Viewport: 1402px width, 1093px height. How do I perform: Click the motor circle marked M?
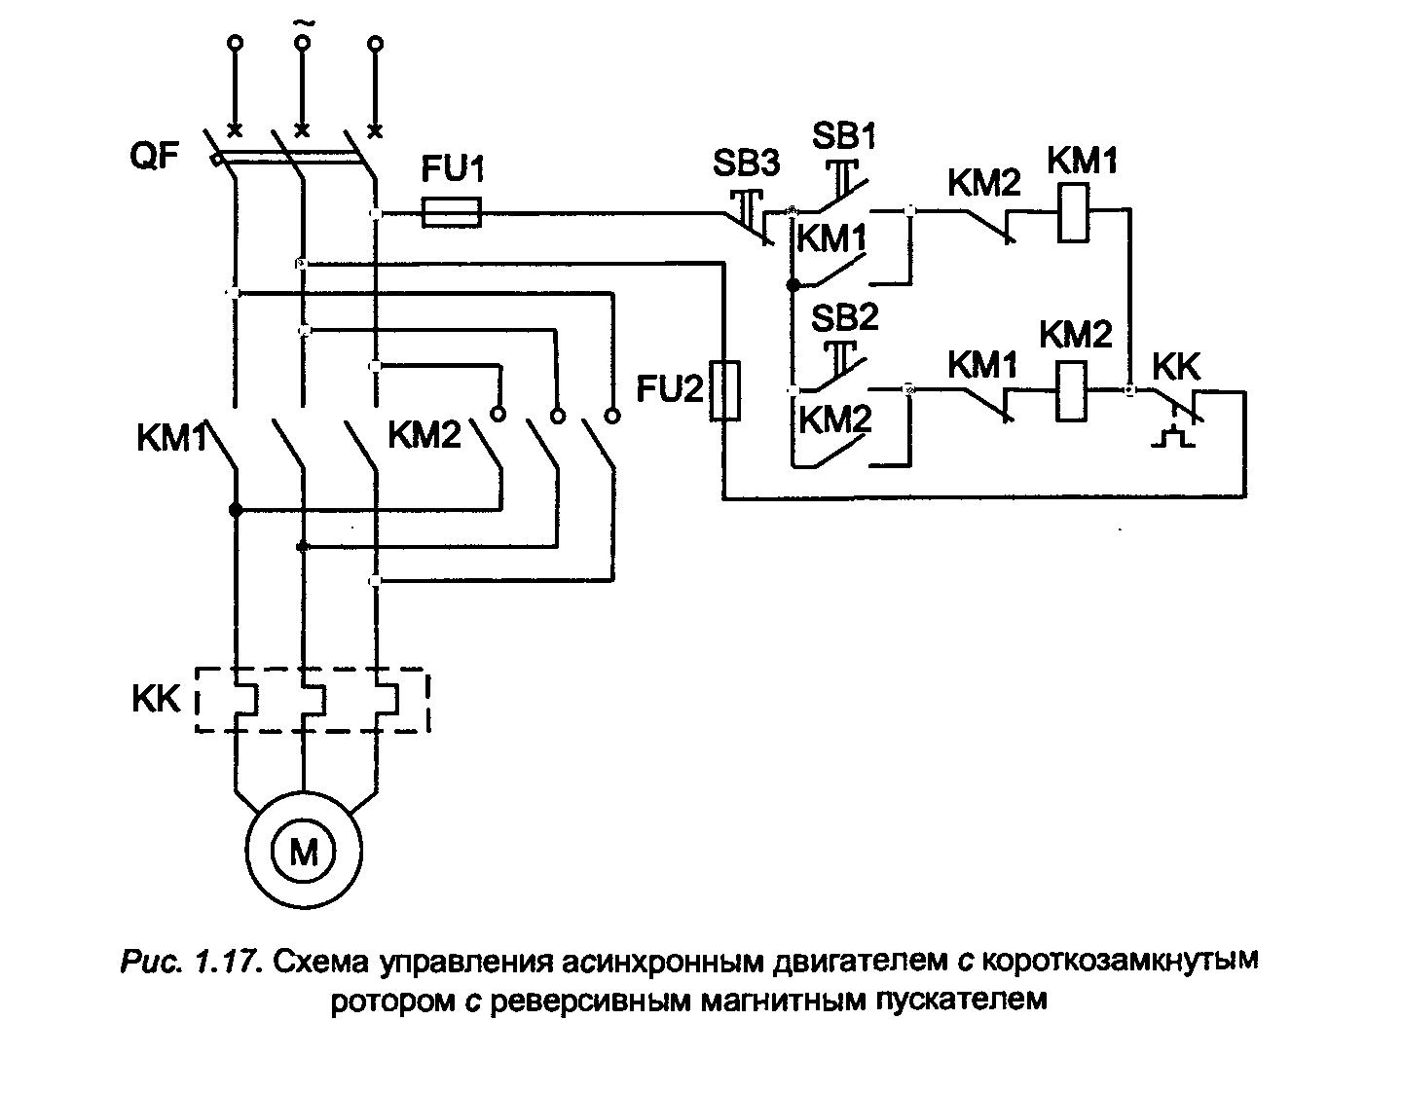[304, 853]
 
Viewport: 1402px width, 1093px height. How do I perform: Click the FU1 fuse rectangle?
[452, 212]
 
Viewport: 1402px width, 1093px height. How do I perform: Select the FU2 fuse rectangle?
[724, 391]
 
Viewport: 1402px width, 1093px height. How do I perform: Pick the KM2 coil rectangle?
[1072, 391]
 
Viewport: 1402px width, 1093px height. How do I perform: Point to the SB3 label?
[745, 164]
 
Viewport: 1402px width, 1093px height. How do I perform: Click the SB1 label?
[843, 135]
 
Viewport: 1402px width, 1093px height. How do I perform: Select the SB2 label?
[845, 317]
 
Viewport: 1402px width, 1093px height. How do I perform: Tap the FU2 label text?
[669, 389]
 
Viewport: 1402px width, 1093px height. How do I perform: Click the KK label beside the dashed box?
[156, 699]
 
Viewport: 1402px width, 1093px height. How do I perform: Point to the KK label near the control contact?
[1176, 367]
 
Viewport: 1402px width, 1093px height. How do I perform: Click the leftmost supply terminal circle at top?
[235, 43]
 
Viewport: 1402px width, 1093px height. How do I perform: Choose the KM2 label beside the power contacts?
[424, 435]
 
